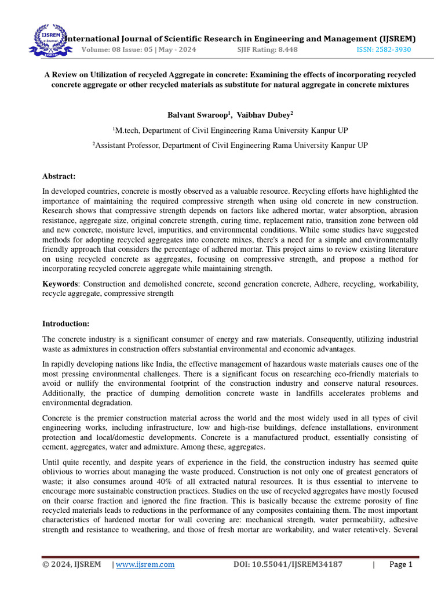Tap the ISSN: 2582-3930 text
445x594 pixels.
point(383,50)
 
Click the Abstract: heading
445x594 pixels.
point(59,176)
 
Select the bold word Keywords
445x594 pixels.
point(60,284)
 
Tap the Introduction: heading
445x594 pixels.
point(66,323)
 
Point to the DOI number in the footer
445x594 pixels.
point(287,564)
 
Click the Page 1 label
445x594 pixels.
point(400,564)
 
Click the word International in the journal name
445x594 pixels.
point(93,39)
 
